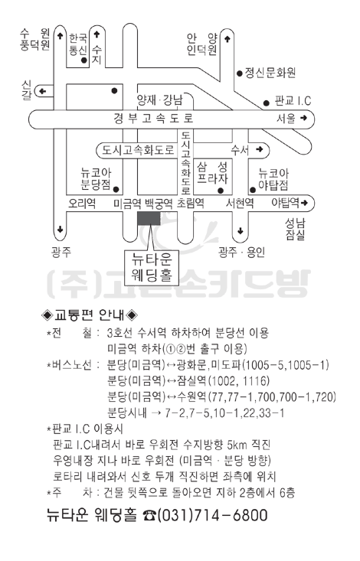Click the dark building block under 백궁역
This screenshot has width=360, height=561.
tap(149, 218)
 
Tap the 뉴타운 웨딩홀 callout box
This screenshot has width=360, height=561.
tap(152, 267)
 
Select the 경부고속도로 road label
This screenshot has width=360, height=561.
tap(154, 118)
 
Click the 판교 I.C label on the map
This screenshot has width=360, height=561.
tap(293, 101)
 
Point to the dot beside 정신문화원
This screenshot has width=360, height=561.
tap(240, 73)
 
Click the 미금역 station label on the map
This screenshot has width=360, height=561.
tap(127, 204)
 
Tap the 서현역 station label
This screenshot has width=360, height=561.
tap(240, 204)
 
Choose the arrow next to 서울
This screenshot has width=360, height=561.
tap(303, 118)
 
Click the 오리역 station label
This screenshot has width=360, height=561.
tap(82, 204)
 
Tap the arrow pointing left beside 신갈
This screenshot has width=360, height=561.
tap(42, 91)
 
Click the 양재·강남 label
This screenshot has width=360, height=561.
tap(160, 100)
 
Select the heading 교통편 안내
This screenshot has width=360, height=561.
tap(90, 315)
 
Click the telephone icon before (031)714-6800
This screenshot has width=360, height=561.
tap(149, 516)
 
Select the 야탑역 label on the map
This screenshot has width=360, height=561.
tap(285, 203)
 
